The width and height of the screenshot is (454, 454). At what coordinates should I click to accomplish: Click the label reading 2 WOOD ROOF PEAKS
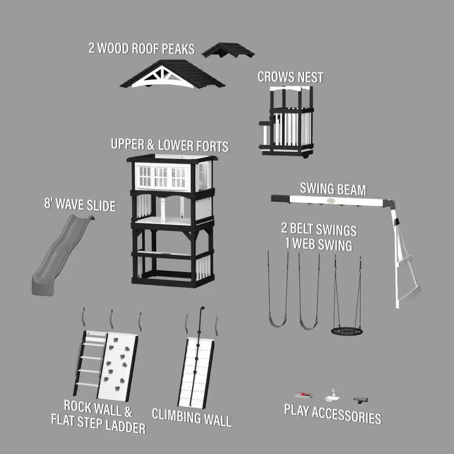coord(141,48)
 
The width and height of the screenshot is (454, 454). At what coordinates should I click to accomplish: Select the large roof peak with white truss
coord(172,75)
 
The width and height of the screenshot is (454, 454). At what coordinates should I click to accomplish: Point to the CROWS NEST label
coord(291,77)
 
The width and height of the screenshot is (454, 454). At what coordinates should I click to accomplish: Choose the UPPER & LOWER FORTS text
coord(169,145)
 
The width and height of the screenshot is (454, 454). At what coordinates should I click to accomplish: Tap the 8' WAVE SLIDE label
coord(80,204)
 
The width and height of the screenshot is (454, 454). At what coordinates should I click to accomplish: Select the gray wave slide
coord(59,254)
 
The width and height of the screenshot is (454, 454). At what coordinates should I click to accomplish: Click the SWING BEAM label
coord(333,189)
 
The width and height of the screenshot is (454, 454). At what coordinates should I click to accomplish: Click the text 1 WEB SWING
coord(319,245)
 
